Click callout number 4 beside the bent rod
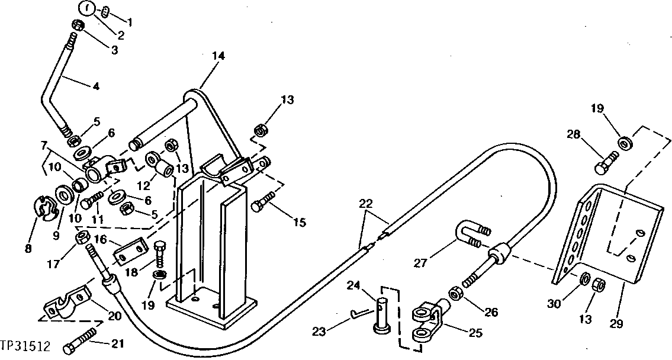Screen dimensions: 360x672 [x=96, y=86]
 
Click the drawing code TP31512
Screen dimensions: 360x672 [x=25, y=345]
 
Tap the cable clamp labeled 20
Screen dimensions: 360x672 [x=67, y=303]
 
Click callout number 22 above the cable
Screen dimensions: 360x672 [x=366, y=203]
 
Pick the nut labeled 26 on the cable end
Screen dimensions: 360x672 [x=456, y=293]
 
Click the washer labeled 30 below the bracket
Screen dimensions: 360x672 [x=583, y=278]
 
